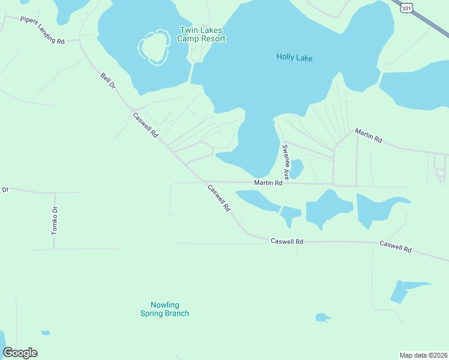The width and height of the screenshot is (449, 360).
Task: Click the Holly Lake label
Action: pos(294,58)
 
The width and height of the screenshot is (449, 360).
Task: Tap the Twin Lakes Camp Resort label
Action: pos(201,34)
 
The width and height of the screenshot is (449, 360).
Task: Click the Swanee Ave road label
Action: pos(286,162)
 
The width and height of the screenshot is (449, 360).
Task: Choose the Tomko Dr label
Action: pos(54,220)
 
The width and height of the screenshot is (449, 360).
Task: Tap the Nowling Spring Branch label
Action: pos(164,309)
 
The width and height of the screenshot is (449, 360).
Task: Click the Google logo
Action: pos(20,353)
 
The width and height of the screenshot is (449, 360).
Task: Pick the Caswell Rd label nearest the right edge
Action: pos(396,246)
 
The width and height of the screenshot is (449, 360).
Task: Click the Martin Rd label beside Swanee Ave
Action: pos(268,183)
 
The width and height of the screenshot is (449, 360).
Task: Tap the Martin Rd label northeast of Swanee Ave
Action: pos(368,135)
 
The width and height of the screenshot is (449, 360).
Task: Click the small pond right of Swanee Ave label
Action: pos(297,168)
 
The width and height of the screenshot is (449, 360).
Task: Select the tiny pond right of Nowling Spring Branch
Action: pos(322,317)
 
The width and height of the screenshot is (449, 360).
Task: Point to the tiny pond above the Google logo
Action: pos(45,332)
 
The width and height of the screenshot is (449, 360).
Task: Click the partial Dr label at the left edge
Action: pos(4,190)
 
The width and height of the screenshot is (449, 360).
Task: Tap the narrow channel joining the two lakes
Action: pos(196,73)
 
